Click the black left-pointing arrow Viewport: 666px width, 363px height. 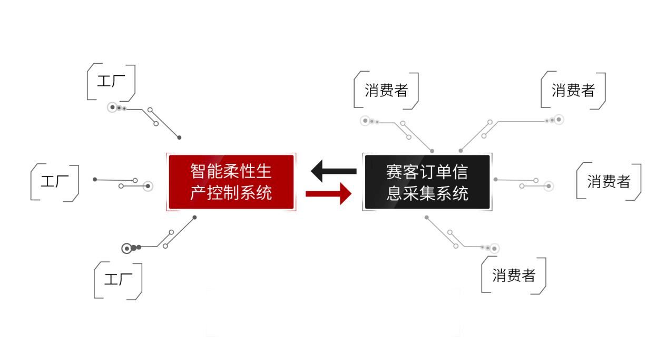click(x=333, y=171)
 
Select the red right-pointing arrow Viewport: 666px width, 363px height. click(x=328, y=193)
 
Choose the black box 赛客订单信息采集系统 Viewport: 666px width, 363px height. click(x=427, y=182)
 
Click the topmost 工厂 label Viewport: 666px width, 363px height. click(x=111, y=82)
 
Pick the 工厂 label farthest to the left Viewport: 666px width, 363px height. click(x=55, y=182)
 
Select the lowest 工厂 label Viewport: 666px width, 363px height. click(x=118, y=280)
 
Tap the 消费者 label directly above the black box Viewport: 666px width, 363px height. click(x=386, y=91)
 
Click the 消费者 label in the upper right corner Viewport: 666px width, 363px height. click(x=573, y=90)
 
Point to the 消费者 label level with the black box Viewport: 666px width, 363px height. click(x=609, y=182)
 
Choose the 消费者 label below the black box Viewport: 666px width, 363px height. click(x=513, y=275)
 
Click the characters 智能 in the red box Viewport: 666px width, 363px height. click(x=203, y=172)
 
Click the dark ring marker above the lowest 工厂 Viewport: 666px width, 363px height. click(x=126, y=248)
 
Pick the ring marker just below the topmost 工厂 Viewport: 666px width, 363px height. click(x=112, y=107)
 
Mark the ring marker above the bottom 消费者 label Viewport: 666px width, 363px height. click(x=494, y=248)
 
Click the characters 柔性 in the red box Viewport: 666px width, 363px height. click(x=244, y=172)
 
